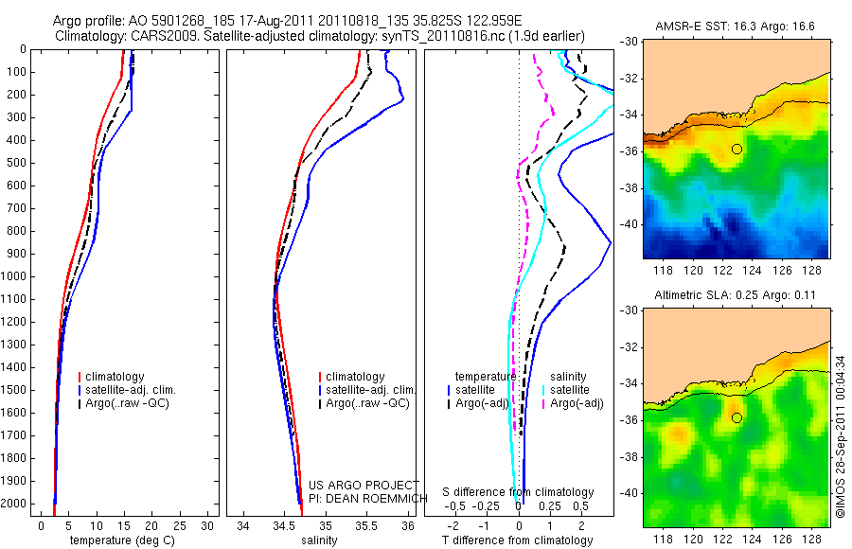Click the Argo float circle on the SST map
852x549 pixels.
pos(737,149)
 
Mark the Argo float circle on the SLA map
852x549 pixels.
pos(737,417)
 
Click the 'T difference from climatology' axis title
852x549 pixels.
pos(517,540)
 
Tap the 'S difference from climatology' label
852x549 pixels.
pos(519,492)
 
